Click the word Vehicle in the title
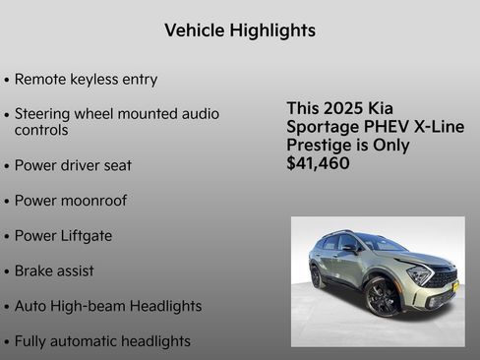[x=194, y=30]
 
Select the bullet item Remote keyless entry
[x=86, y=79]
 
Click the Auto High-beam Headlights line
[x=107, y=306]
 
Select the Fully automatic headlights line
[x=101, y=341]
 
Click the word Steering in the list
[x=44, y=114]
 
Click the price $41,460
[x=318, y=163]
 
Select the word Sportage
[x=321, y=127]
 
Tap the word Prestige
[x=321, y=146]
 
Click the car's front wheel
[x=382, y=297]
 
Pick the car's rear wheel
[x=317, y=276]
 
